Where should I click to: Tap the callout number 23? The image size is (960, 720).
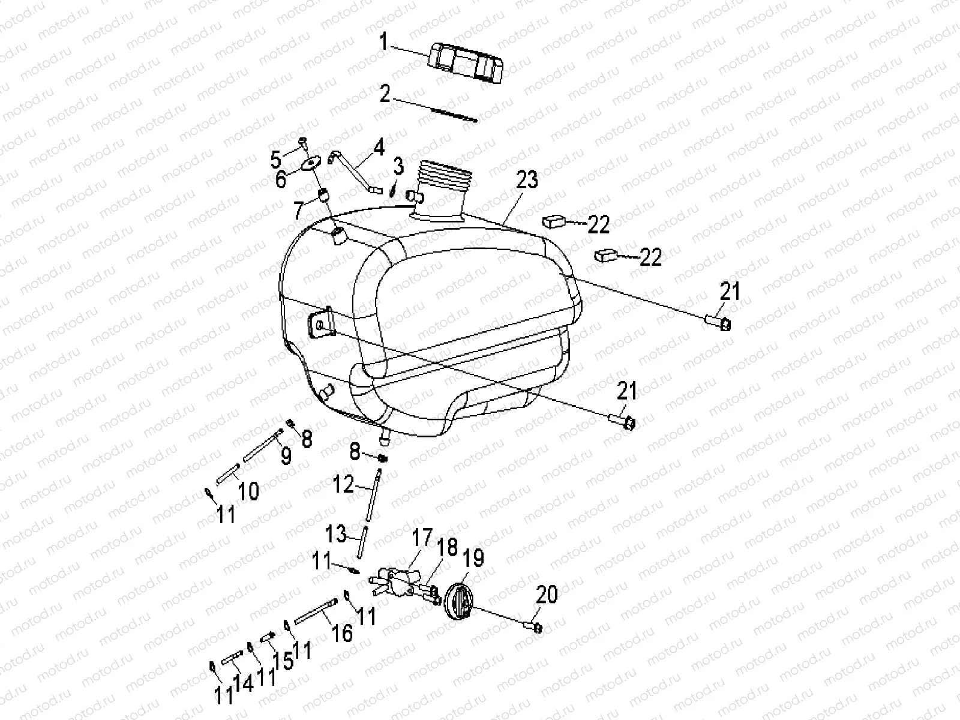point(527,179)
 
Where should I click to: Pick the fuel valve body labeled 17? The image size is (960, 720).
point(397,580)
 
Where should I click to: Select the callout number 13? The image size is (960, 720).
point(337,532)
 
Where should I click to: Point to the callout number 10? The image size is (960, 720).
point(248,491)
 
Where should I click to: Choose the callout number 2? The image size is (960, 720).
point(385,94)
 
